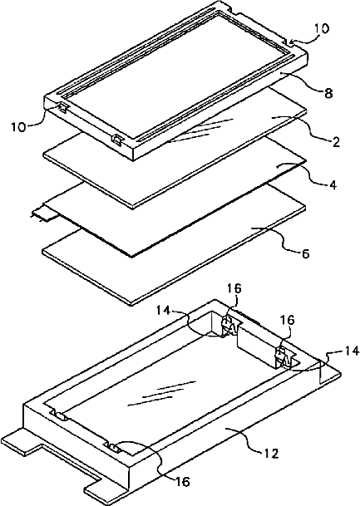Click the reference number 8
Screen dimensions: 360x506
coord(328,93)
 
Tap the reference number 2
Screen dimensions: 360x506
coord(336,142)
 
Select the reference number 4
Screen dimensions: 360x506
coord(333,185)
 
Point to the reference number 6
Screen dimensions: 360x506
coord(305,253)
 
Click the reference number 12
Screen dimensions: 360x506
coord(270,454)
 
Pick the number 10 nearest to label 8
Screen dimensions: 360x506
coord(321,28)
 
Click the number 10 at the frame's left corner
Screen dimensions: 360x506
coord(18,126)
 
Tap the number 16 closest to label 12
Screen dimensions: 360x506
coord(182,482)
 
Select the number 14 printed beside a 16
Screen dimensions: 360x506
coord(164,311)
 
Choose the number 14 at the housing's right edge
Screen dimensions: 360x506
coord(352,351)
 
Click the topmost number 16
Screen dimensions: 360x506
coord(234,288)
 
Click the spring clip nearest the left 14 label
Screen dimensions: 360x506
coord(230,327)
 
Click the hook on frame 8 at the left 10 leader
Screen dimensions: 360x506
coord(63,107)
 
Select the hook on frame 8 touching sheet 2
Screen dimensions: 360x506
coord(117,140)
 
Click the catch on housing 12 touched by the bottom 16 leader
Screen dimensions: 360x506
coord(111,447)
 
